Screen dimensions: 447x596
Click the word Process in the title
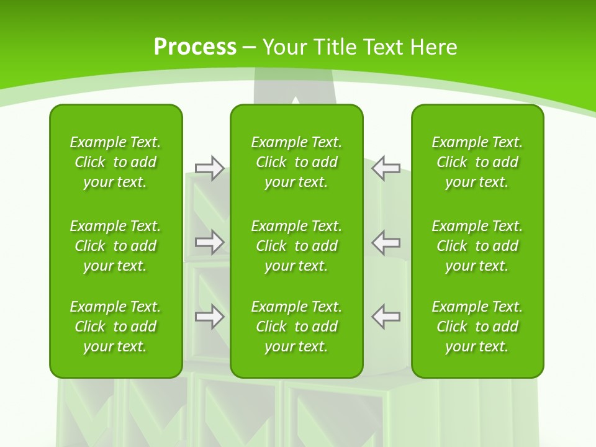[195, 47]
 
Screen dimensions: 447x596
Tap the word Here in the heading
[435, 47]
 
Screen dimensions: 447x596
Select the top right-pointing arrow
[210, 168]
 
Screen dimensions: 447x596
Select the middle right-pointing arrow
[210, 242]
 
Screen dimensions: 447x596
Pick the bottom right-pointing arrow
[210, 317]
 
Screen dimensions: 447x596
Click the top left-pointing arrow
[386, 168]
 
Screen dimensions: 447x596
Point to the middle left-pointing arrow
[386, 242]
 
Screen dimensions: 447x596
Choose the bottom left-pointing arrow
[386, 317]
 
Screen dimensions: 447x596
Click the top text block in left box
[115, 162]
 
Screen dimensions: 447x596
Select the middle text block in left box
[115, 246]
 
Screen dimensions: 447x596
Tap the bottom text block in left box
[115, 327]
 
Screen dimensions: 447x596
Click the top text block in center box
[297, 162]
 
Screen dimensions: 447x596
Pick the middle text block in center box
[297, 246]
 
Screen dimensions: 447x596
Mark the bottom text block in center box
[297, 327]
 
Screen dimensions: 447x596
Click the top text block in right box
[477, 162]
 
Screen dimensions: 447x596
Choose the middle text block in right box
[477, 246]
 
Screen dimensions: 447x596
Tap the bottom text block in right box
[477, 327]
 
